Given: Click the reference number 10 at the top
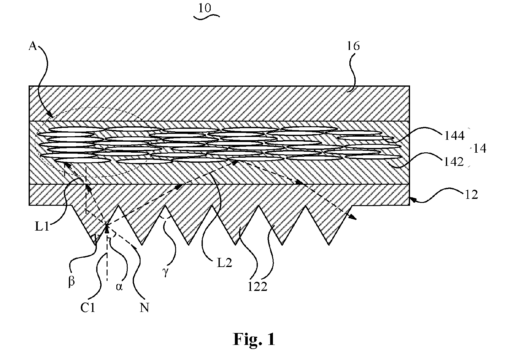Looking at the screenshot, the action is [x=205, y=8].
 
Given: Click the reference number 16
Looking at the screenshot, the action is [x=353, y=46].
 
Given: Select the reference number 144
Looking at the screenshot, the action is [x=454, y=136].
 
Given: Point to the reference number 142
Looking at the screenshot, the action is [x=454, y=162].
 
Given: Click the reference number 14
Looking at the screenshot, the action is [x=480, y=149].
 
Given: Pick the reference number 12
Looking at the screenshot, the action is [x=471, y=195].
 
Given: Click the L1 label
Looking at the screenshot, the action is [x=42, y=226].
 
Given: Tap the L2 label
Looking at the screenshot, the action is [x=224, y=263].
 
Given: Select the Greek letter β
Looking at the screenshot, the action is [x=71, y=281].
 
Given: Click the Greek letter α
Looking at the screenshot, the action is [x=119, y=287].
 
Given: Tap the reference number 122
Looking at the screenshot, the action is [x=258, y=286].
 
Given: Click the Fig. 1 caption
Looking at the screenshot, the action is [x=254, y=339].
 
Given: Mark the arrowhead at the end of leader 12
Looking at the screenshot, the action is [x=412, y=199].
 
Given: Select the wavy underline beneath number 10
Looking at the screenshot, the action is [x=207, y=17].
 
